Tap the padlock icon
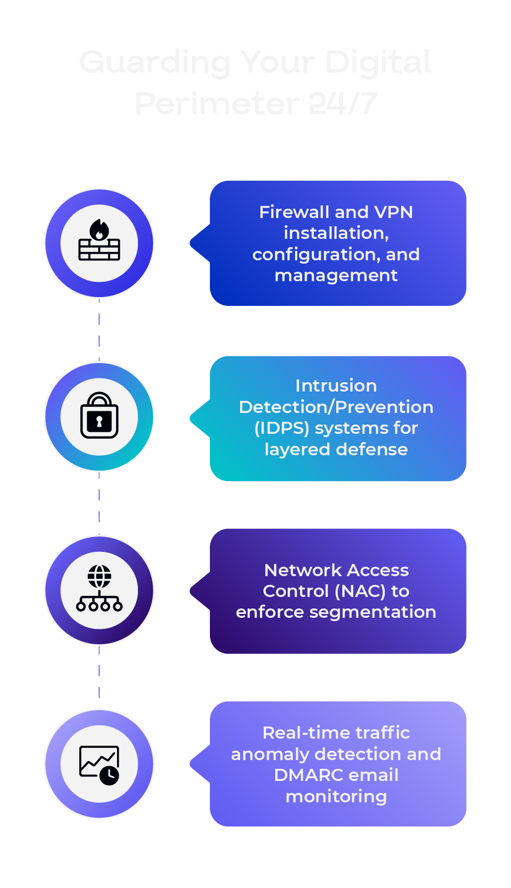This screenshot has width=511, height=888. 99,416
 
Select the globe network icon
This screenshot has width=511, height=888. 99,589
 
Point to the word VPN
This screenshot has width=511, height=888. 393,212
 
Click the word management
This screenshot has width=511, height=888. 336,275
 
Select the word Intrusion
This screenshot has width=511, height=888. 336,386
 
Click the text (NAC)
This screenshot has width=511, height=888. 360,591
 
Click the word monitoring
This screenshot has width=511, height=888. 336,796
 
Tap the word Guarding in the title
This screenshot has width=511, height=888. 155,62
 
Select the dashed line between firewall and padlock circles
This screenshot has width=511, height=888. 99,329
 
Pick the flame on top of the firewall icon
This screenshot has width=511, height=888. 99,230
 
